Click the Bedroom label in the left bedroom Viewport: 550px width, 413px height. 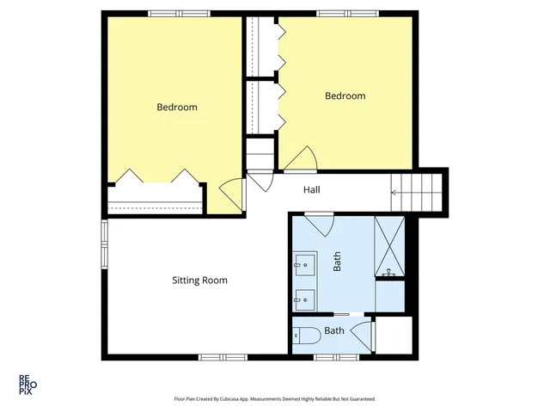177,108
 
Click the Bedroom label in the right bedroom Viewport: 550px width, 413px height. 345,96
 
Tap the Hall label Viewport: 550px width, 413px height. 312,191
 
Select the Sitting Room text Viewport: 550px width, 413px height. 199,280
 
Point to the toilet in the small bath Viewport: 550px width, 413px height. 306,335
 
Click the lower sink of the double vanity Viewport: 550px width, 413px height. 304,299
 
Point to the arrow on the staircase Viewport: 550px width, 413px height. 396,192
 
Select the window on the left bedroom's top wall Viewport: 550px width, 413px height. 168,12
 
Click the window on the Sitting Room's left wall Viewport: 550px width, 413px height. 104,244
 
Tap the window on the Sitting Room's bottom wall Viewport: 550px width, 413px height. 223,356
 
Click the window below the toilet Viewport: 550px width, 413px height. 329,356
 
